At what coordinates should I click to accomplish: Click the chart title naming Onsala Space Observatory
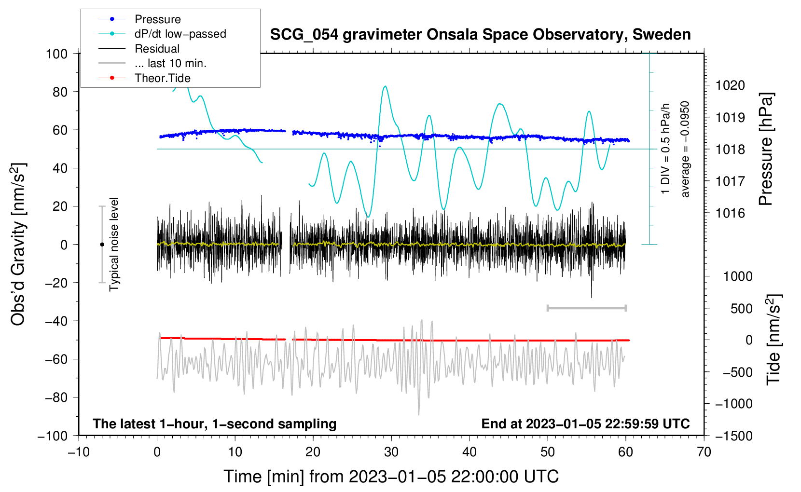(480, 35)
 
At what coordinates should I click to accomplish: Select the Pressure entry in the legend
(157, 19)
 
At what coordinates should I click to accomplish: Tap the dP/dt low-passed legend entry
(180, 34)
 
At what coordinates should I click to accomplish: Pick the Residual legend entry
(157, 49)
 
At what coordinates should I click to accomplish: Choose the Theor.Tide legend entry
(162, 78)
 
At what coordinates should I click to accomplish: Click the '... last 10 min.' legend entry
(170, 63)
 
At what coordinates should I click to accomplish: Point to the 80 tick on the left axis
(60, 92)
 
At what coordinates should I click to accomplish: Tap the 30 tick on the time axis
(391, 452)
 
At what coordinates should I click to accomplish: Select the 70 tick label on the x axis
(704, 452)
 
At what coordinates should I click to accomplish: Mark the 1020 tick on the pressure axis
(730, 85)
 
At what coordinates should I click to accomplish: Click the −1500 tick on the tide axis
(734, 436)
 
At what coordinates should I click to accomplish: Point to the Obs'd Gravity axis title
(18, 244)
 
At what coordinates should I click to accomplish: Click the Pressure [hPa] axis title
(766, 149)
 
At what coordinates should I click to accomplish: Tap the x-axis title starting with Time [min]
(391, 477)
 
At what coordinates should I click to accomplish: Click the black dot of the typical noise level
(102, 245)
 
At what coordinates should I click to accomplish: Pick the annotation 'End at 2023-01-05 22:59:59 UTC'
(585, 424)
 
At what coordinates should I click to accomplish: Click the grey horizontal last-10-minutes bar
(586, 308)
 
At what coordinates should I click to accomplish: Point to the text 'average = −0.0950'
(685, 149)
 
